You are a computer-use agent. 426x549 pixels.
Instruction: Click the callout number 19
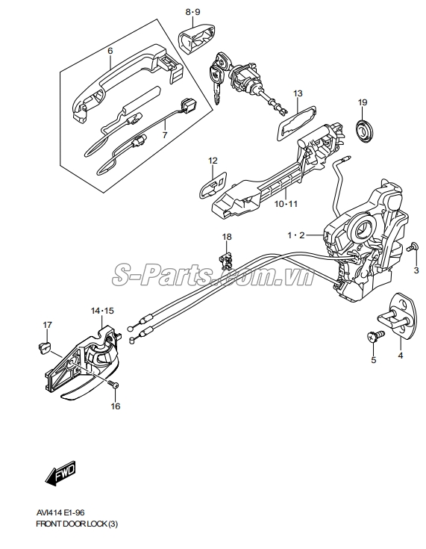(363, 102)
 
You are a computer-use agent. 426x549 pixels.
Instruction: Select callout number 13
(298, 93)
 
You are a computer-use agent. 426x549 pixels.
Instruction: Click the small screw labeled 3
(412, 246)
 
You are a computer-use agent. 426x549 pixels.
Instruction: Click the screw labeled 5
(375, 336)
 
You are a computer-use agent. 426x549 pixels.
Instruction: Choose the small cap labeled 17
(44, 347)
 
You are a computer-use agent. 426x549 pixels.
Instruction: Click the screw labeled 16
(113, 384)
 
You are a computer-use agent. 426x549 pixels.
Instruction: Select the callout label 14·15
(102, 311)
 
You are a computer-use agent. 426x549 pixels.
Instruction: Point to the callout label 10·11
(286, 203)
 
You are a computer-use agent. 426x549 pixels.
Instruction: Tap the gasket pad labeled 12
(211, 185)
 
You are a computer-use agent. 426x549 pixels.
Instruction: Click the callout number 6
(110, 51)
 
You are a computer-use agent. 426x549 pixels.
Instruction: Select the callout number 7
(165, 135)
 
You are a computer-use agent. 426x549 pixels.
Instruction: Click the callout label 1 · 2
(297, 235)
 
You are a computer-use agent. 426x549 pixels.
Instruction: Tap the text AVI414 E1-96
(60, 513)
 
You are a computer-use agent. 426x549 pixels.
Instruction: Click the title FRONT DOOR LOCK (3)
(78, 524)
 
